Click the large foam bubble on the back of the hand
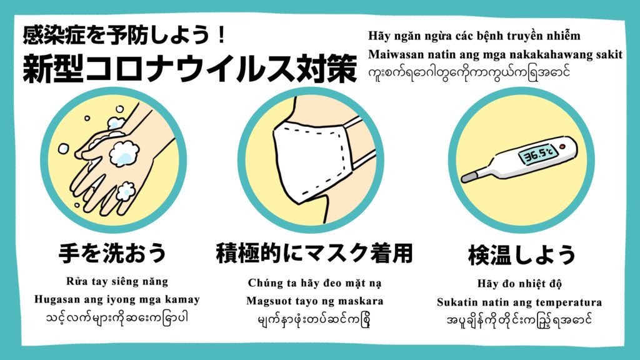point(124,154)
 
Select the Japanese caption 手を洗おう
point(112,253)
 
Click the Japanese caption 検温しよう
point(521,255)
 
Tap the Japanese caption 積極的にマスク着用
point(314,253)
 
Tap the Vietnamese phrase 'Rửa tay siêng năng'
point(117,282)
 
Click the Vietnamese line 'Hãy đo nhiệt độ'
point(519,284)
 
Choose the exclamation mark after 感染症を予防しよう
point(222,35)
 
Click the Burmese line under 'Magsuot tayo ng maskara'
point(314,319)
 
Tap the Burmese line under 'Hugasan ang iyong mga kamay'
point(117,317)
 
